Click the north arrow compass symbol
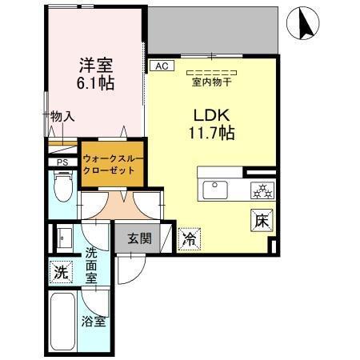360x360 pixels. point(304,22)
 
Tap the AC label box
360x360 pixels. point(161,66)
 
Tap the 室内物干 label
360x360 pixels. point(211,80)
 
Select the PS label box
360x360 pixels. point(61,162)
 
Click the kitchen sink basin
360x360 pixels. point(215,190)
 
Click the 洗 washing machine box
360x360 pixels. point(59,270)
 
